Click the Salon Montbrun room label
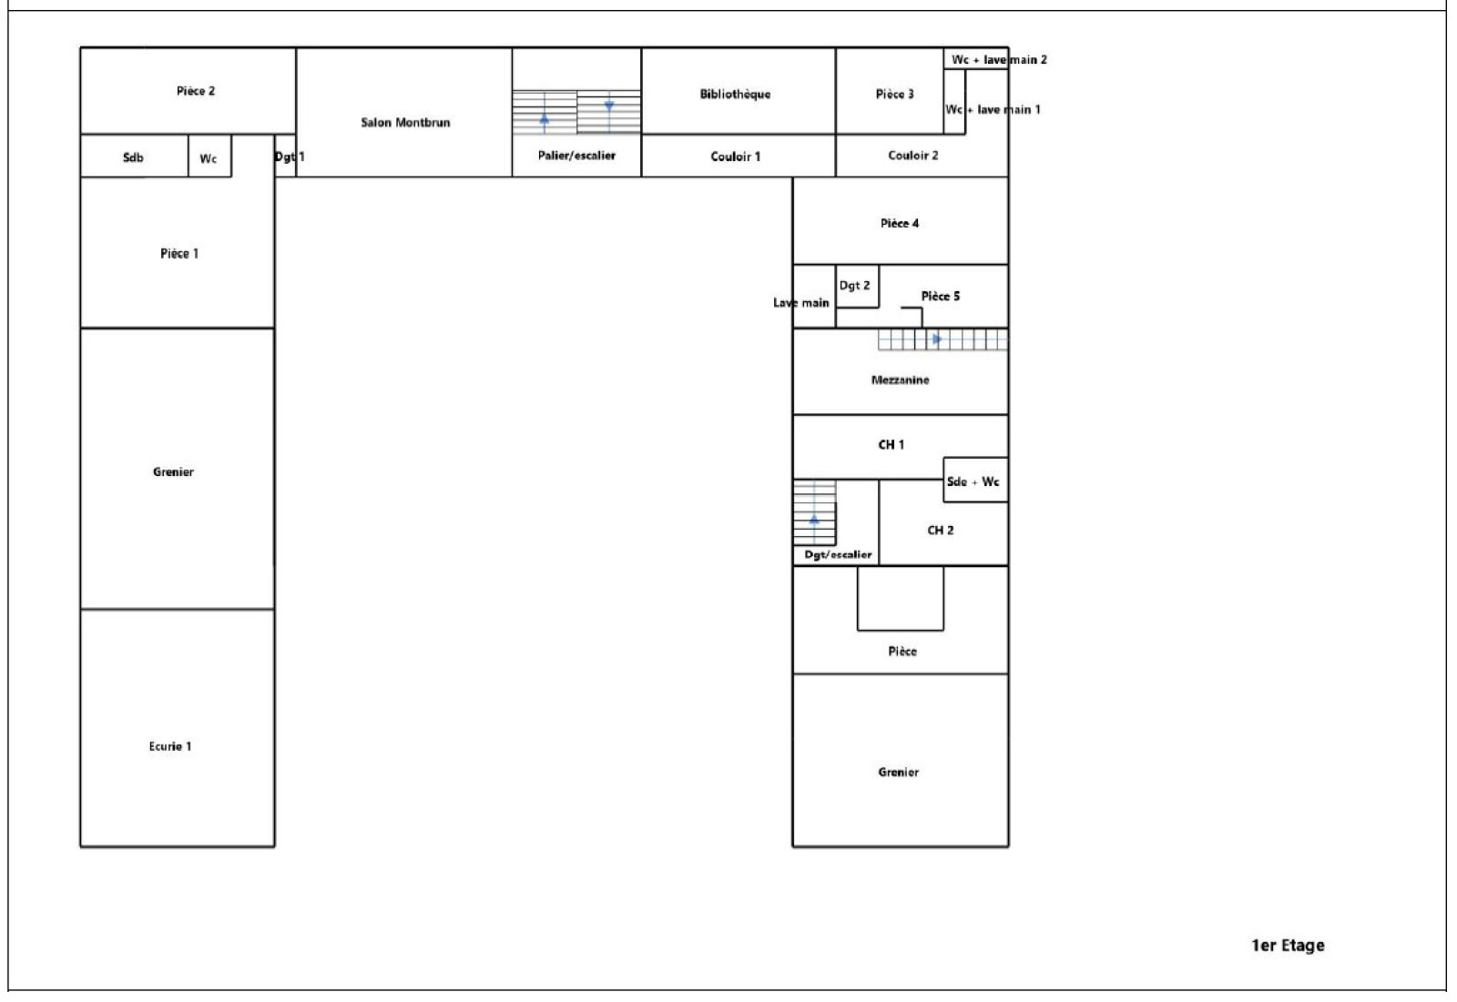point(405,122)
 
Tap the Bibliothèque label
point(735,95)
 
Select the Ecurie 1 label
point(170,746)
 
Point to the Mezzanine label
point(901,380)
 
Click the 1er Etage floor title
point(1288,946)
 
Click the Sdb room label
point(133,158)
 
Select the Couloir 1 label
point(736,157)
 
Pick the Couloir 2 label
point(913,156)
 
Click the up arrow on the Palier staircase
point(545,122)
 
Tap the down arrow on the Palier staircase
point(609,105)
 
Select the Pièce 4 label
point(900,224)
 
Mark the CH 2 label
point(941,531)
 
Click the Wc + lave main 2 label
point(999,60)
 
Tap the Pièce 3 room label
point(894,95)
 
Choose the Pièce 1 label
point(179,254)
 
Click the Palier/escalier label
point(576,156)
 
